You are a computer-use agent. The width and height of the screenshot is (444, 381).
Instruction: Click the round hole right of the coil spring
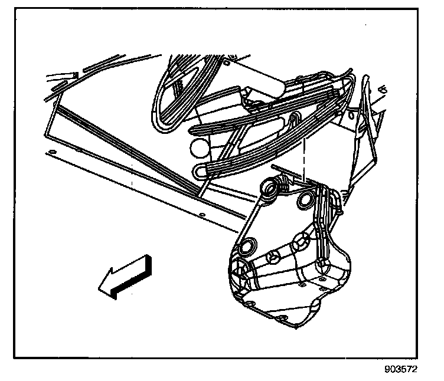(306, 200)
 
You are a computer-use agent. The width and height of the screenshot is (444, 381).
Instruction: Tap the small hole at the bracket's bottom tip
(288, 316)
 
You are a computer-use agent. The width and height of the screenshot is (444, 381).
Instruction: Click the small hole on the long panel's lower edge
(202, 214)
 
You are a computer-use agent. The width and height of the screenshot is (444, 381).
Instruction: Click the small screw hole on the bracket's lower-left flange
(250, 301)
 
